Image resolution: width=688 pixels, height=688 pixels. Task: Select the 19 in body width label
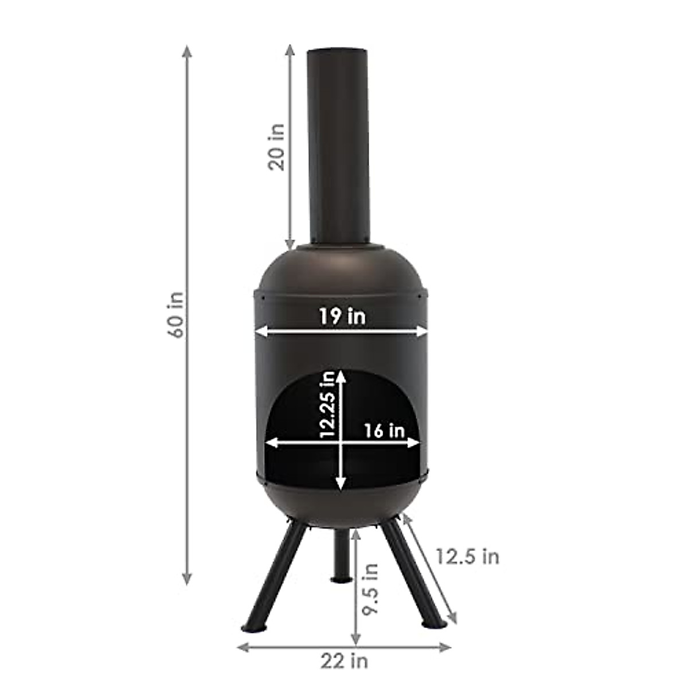tap(342, 316)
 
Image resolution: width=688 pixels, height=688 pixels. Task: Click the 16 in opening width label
tap(384, 431)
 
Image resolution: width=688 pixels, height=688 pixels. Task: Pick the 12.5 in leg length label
tap(467, 556)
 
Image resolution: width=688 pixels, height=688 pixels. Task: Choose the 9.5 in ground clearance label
tap(372, 588)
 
